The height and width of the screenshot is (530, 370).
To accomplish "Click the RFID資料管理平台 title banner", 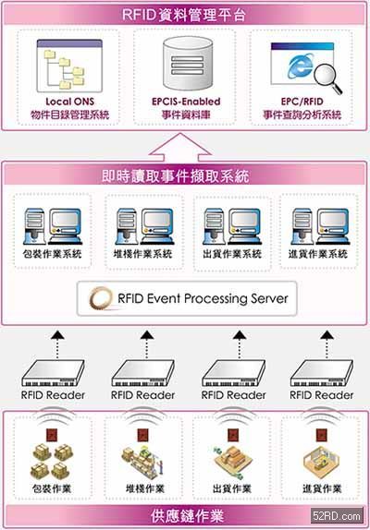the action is [184, 15].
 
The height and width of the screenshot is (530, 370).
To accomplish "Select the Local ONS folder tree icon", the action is [69, 66].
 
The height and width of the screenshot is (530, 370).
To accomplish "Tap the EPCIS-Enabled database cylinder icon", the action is [188, 64].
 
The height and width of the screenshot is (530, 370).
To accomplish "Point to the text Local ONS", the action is [69, 102].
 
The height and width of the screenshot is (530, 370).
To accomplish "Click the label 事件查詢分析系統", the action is [302, 115].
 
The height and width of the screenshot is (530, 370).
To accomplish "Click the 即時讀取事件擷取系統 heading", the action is [176, 176].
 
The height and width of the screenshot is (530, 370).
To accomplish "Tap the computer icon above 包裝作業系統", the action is [53, 226].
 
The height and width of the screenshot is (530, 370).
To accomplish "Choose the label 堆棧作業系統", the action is [142, 254].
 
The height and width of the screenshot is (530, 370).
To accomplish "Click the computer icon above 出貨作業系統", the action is [232, 226].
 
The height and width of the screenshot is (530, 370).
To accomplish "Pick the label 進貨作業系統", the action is [318, 254].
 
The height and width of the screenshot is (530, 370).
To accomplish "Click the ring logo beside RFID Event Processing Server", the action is [100, 298].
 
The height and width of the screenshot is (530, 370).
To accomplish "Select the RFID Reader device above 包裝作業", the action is [53, 373].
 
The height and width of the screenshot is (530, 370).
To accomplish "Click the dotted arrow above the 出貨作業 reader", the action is [240, 344].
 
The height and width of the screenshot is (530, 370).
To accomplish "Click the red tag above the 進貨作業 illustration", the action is [321, 435].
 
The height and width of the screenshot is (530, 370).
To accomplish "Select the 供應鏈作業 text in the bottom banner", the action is [187, 516].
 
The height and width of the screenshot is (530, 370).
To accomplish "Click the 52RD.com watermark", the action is [337, 516].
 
